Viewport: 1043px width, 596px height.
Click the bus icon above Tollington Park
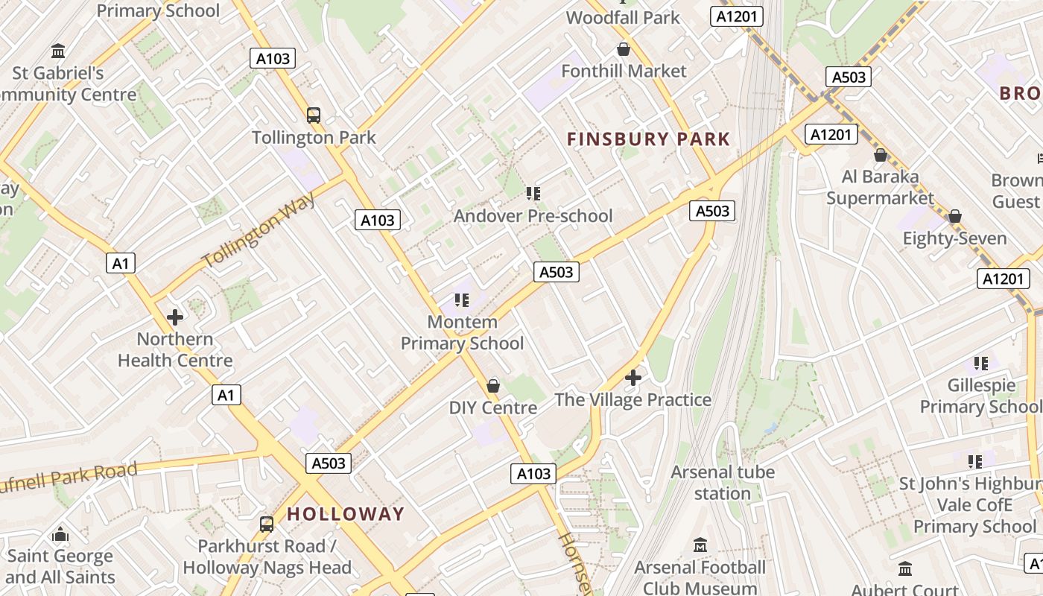pos(314,115)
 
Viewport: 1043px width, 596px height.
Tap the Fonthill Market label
pos(624,72)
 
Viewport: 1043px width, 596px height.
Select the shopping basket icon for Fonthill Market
pos(624,49)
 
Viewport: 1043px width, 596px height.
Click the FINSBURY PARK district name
pos(648,139)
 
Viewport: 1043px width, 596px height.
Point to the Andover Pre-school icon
pos(533,194)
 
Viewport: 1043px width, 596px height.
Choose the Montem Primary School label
pos(463,333)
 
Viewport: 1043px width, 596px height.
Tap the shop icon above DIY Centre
pos(493,385)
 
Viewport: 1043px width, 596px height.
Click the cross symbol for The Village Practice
pos(633,378)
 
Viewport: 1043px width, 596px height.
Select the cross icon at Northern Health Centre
pos(175,317)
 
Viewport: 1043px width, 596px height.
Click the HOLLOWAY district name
pos(346,514)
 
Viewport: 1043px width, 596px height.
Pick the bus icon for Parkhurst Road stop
pos(267,524)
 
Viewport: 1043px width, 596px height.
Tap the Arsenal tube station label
pos(723,483)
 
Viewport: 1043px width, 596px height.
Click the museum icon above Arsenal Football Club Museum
pos(700,545)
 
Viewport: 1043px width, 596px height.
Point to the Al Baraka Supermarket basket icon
pos(881,155)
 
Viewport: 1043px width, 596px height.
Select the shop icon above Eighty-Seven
pos(955,216)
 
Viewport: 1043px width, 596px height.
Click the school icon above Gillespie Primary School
pos(981,364)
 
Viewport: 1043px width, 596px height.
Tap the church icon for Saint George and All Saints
pos(60,534)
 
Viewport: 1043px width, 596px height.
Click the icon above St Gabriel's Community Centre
pos(58,51)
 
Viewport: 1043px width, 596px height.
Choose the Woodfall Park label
pos(624,17)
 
